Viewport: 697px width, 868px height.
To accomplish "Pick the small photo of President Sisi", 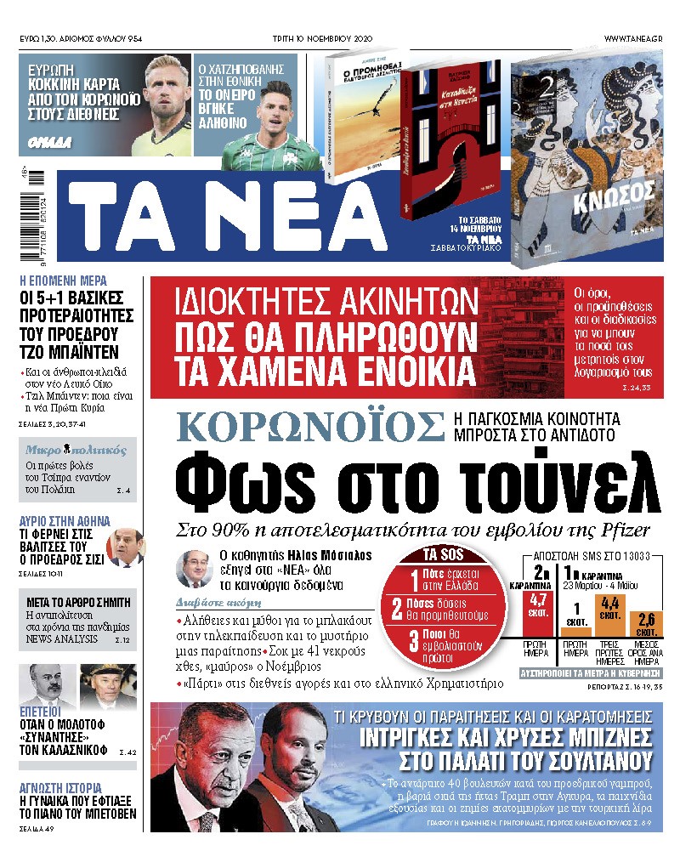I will pyautogui.click(x=125, y=547).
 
